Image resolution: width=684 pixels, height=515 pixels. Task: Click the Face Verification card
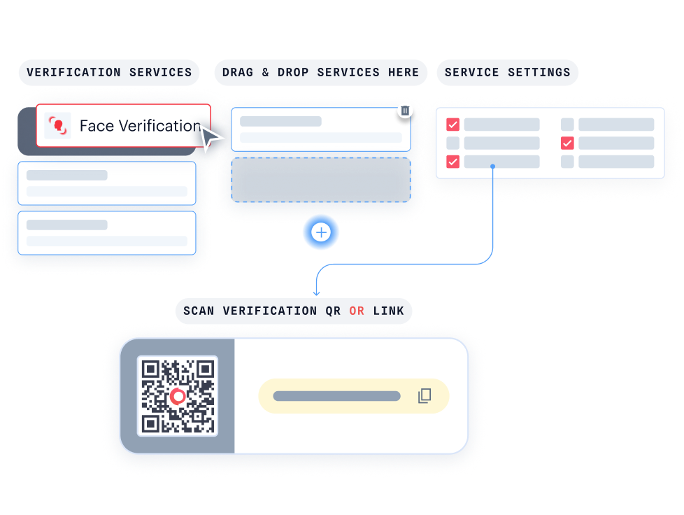pyautogui.click(x=123, y=126)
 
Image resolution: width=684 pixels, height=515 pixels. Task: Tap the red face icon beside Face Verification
pyautogui.click(x=57, y=126)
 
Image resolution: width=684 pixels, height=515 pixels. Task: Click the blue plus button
pyautogui.click(x=321, y=233)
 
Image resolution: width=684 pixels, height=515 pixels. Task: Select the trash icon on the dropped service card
pyautogui.click(x=405, y=111)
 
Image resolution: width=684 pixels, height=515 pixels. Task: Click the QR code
pyautogui.click(x=178, y=396)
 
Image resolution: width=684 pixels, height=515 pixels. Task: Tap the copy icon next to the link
pyautogui.click(x=425, y=396)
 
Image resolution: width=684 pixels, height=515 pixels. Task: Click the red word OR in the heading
pyautogui.click(x=357, y=311)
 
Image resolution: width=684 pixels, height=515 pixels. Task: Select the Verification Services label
pyautogui.click(x=109, y=72)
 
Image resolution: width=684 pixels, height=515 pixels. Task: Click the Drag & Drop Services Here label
pyautogui.click(x=320, y=72)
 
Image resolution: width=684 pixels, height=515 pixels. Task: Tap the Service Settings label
pyautogui.click(x=507, y=72)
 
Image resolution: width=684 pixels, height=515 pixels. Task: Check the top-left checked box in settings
pyautogui.click(x=453, y=125)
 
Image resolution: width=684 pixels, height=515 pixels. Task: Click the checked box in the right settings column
pyautogui.click(x=567, y=143)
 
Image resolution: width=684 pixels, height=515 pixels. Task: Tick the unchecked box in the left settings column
pyautogui.click(x=453, y=143)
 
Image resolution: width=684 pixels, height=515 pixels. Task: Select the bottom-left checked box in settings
pyautogui.click(x=453, y=162)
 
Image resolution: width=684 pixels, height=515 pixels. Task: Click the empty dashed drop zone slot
pyautogui.click(x=320, y=180)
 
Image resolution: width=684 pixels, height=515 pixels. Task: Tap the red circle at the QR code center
pyautogui.click(x=178, y=397)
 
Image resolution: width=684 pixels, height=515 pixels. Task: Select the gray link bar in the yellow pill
pyautogui.click(x=336, y=396)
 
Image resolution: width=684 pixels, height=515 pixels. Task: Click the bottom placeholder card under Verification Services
pyautogui.click(x=106, y=232)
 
